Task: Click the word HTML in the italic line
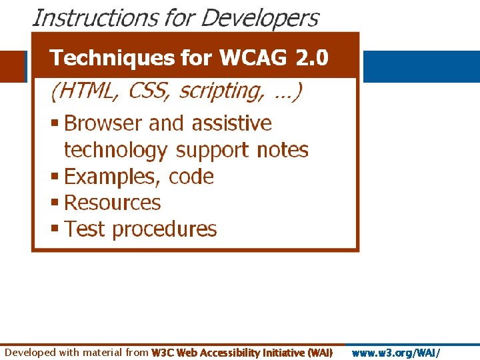(x=87, y=91)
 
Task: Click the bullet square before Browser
(x=55, y=124)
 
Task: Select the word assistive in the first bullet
(x=232, y=123)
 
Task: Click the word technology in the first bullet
(x=115, y=150)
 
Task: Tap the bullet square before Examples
(x=55, y=177)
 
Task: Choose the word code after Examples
(x=191, y=177)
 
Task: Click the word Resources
(x=113, y=203)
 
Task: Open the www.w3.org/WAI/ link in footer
(x=396, y=353)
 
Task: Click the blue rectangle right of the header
(x=421, y=67)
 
